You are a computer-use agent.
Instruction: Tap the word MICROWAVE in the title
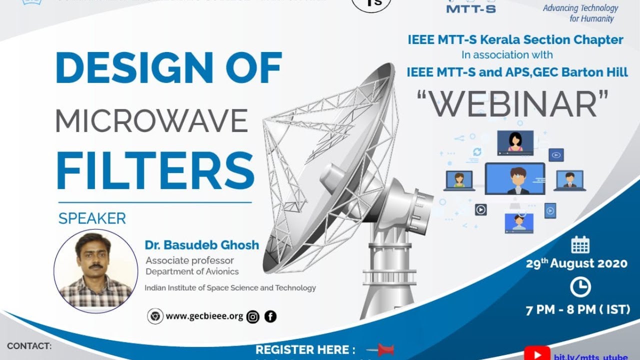point(151,120)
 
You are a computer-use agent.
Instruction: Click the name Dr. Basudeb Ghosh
point(202,245)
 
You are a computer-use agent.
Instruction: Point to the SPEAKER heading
point(92,218)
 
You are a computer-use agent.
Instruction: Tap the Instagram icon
point(253,316)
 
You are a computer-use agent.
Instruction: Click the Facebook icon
point(270,316)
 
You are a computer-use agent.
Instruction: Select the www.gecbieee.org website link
point(204,316)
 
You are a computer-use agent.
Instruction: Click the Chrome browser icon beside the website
point(155,316)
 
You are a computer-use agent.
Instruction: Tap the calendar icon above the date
point(580,245)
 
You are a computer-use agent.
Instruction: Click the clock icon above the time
point(580,287)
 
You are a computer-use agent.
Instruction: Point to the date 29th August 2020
point(576,263)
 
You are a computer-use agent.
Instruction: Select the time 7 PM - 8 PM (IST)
point(578,310)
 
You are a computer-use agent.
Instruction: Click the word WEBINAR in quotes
point(513,104)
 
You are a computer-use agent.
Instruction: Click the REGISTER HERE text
point(305,349)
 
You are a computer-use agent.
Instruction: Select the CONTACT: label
point(29,346)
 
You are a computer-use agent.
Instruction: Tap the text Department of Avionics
point(192,271)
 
